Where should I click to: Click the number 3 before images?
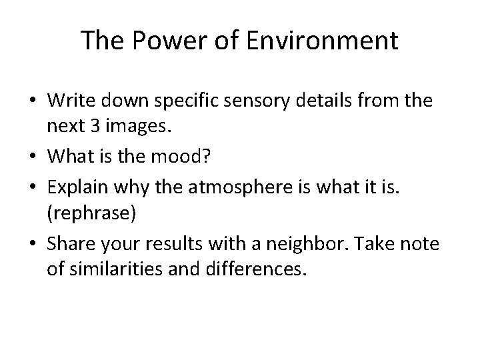tap(101, 127)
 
